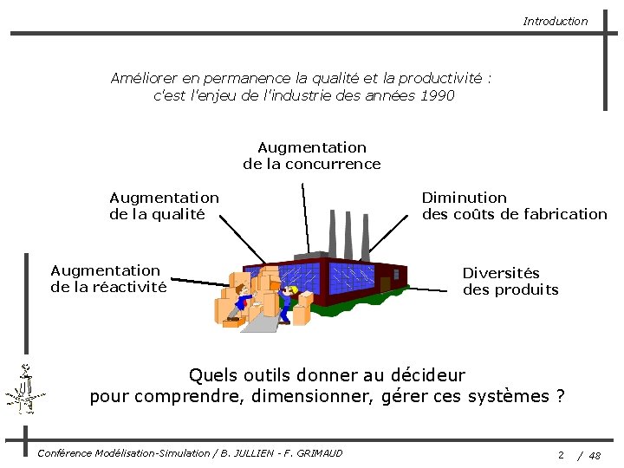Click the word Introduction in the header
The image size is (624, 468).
click(x=555, y=21)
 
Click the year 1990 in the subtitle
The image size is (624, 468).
click(x=436, y=95)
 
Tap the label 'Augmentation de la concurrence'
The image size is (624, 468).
click(x=312, y=156)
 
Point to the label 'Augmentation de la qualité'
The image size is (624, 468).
click(x=164, y=206)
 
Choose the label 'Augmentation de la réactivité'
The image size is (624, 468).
click(x=108, y=279)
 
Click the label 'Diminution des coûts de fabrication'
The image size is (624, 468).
click(x=514, y=206)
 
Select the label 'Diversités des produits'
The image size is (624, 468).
click(x=510, y=282)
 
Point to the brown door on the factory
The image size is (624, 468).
click(x=385, y=284)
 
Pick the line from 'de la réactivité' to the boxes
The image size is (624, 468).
click(x=199, y=282)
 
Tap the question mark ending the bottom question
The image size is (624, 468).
click(x=561, y=396)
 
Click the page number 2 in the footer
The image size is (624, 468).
click(x=561, y=454)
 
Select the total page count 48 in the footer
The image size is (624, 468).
click(x=595, y=454)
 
